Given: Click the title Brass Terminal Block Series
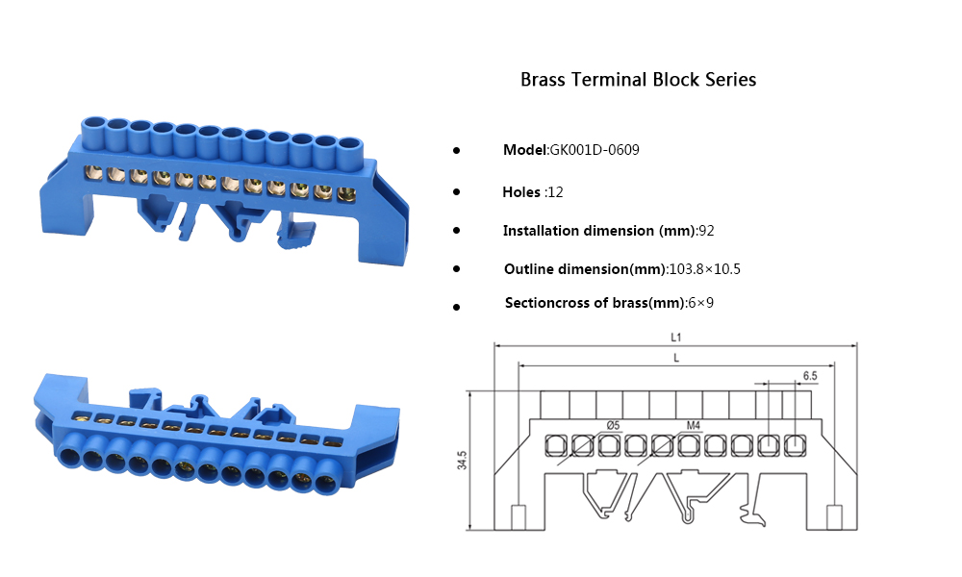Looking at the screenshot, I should (x=638, y=80).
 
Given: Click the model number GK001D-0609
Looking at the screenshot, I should (x=595, y=151).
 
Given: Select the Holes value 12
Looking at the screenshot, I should (x=554, y=192).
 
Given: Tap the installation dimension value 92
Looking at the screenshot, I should (x=706, y=231).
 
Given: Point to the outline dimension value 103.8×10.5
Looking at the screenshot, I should (x=704, y=269).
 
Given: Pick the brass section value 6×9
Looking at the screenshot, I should (x=700, y=303).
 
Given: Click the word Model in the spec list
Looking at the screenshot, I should (x=524, y=151).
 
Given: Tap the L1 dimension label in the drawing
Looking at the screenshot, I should (x=675, y=338).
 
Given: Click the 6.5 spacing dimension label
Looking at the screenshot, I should (x=810, y=375).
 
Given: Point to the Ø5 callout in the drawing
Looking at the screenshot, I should (x=613, y=425).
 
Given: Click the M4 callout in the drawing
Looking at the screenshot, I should (x=694, y=425).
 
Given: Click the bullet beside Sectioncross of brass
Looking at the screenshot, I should (x=456, y=306).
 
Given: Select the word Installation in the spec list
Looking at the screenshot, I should (x=542, y=231).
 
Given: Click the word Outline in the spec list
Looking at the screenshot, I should (x=529, y=269).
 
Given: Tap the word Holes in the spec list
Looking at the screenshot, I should (x=521, y=192).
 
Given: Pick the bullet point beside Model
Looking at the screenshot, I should (x=456, y=151).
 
